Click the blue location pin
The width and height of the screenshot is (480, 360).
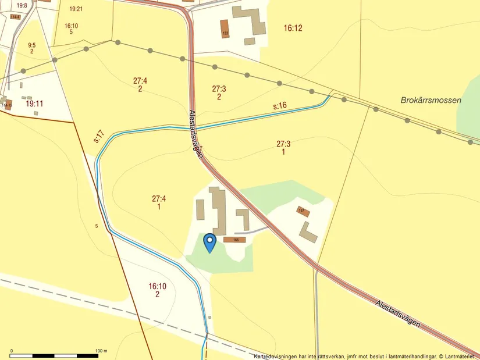tap(209, 241)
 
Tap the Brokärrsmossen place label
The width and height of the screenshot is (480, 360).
tap(431, 100)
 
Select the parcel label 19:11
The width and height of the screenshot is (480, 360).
tap(34, 104)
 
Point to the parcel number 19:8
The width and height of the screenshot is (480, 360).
tap(22, 5)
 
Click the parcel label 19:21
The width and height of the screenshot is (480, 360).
tap(76, 9)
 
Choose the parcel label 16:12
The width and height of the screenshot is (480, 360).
tap(293, 28)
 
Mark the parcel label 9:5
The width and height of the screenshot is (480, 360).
tap(31, 45)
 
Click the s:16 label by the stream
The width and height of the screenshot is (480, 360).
tap(280, 106)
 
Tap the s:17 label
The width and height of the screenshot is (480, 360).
tap(99, 137)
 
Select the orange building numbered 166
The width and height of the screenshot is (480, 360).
tap(234, 240)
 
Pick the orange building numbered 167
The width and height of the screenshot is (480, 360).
tap(302, 211)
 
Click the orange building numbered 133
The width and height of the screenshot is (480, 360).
tap(225, 28)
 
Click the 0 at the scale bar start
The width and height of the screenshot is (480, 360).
tap(12, 351)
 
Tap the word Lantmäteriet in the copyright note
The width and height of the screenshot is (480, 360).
tap(460, 356)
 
